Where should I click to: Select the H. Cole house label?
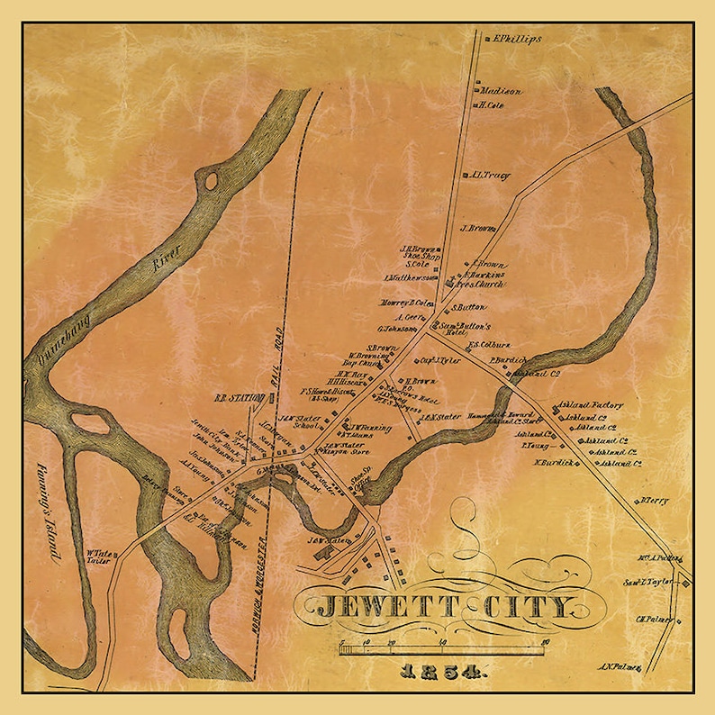pos(491,104)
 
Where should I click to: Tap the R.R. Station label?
pos(237,397)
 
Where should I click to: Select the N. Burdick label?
pos(553,464)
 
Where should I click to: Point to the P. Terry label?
pos(655,501)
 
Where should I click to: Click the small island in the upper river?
pos(211,180)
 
